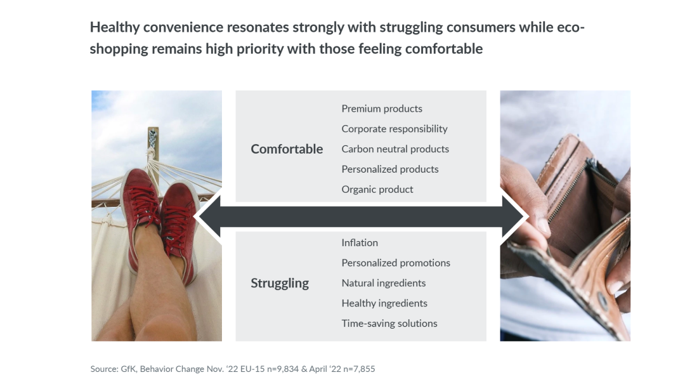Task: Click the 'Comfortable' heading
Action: tap(287, 149)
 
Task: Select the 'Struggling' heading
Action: tap(280, 283)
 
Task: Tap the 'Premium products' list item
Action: tap(382, 109)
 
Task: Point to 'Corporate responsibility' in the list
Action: tap(395, 129)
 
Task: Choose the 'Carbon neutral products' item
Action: tap(395, 149)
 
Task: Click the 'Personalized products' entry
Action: tap(390, 169)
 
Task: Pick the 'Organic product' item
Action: tap(377, 189)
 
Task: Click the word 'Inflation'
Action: tap(360, 242)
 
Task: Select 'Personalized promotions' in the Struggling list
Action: tap(396, 263)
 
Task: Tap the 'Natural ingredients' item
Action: tap(384, 283)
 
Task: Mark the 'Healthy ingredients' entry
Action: tap(384, 303)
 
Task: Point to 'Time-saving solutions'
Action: tap(389, 324)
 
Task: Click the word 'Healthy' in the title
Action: tap(114, 27)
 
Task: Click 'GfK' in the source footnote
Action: tap(128, 369)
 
